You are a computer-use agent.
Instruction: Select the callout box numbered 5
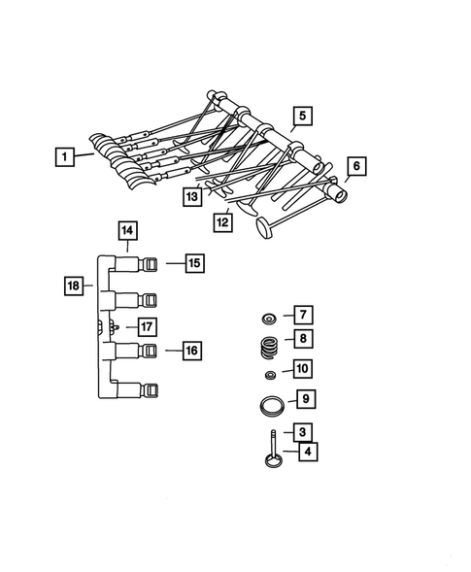click(x=303, y=117)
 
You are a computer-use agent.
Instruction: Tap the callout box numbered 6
click(x=356, y=167)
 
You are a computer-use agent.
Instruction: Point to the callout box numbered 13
click(x=194, y=197)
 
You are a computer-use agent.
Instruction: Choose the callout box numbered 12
click(x=224, y=222)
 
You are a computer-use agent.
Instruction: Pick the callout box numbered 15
click(x=193, y=262)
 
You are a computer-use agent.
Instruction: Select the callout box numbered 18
click(x=74, y=286)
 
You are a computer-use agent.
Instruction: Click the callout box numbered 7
click(x=303, y=315)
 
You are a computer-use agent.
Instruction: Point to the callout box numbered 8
click(x=303, y=339)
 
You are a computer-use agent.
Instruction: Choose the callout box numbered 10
click(x=303, y=369)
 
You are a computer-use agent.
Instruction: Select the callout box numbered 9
click(x=303, y=398)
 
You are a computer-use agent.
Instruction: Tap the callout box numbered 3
click(x=303, y=432)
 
